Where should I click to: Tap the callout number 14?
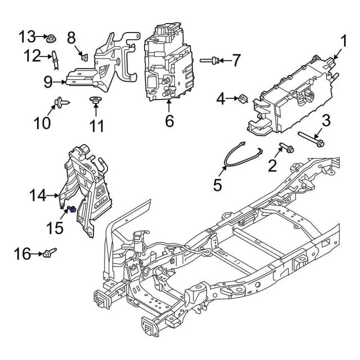point(39,196)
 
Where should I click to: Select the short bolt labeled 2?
point(287,148)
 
